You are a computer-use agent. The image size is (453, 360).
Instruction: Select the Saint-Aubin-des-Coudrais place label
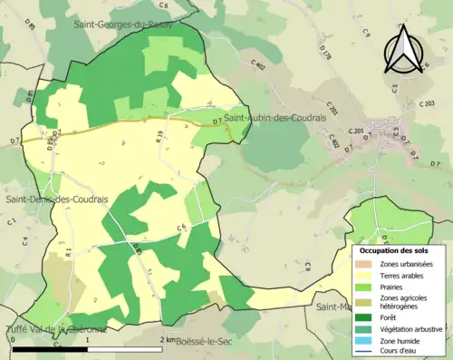[x=275, y=119]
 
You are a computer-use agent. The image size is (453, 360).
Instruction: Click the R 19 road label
[x=159, y=138]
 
